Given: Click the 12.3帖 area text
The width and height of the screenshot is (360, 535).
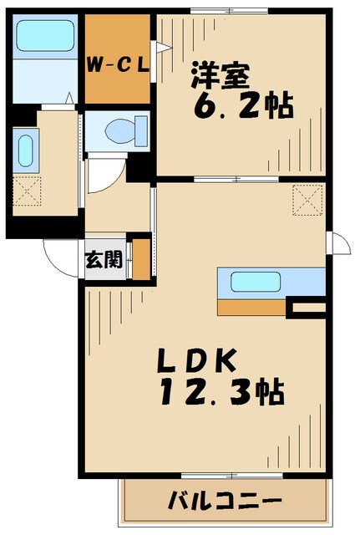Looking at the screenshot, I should tap(220, 391).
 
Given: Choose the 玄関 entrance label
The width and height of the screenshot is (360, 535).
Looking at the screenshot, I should tap(104, 259).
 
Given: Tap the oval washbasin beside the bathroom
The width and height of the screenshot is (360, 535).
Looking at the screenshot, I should tap(24, 152).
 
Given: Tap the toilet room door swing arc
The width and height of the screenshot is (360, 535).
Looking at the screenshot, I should tap(104, 171).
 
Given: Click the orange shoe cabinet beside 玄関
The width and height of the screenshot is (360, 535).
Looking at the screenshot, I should tap(141, 259).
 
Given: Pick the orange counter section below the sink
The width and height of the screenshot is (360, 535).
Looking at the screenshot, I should tap(251, 308).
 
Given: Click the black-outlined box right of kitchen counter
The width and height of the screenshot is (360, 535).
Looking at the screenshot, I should tap(307, 308).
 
